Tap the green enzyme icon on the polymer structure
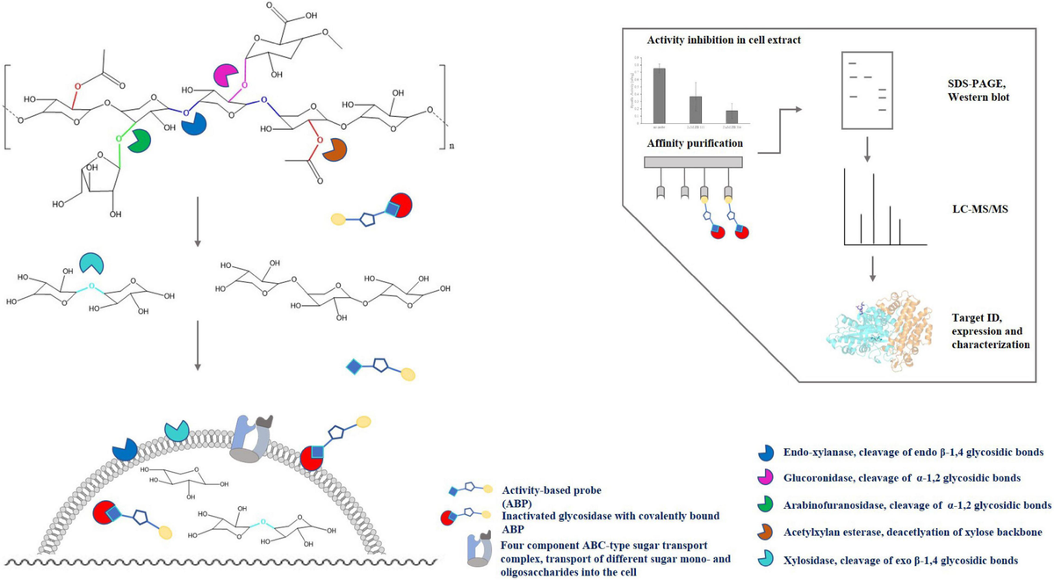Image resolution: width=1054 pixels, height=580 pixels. (x=138, y=141)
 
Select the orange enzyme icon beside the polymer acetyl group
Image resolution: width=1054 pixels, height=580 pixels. (x=332, y=150)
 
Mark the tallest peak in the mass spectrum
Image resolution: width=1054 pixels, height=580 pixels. (x=872, y=208)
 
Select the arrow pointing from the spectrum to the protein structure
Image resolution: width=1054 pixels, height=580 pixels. (x=872, y=267)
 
